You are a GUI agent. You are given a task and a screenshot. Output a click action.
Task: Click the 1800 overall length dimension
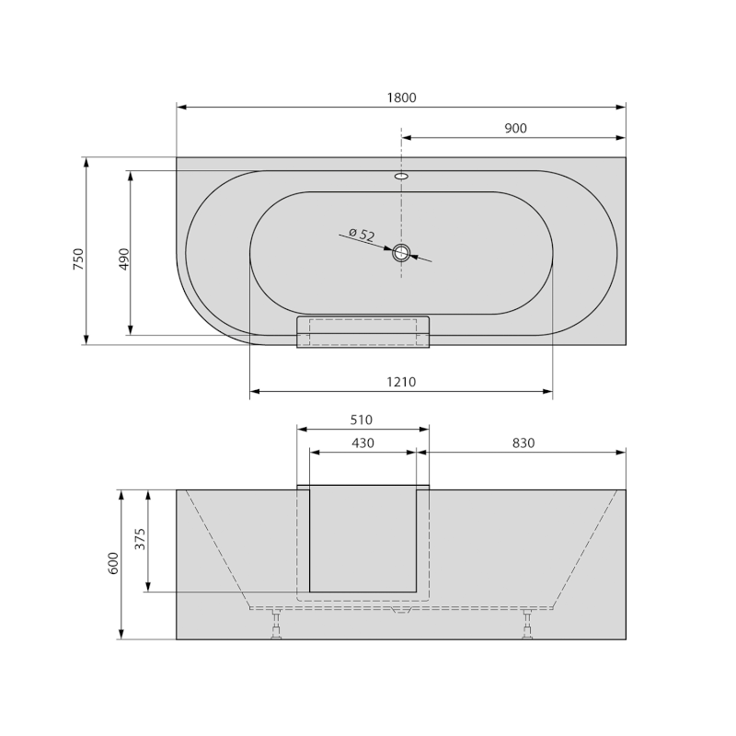pos(401,98)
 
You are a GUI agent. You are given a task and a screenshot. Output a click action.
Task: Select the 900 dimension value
pos(515,128)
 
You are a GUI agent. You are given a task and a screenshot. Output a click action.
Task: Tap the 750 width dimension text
pos(78,259)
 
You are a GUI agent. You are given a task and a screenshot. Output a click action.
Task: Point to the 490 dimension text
pos(123,259)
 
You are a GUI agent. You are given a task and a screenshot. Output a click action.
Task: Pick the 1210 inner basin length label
pos(401,382)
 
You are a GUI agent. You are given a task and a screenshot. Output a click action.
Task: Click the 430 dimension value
pos(362,443)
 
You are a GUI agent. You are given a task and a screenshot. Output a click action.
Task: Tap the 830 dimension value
pos(523,443)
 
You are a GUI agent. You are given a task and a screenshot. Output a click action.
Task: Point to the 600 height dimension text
pos(113,563)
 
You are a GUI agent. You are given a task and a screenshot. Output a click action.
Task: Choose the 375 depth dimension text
pos(140,538)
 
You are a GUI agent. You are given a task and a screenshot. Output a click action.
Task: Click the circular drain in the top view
pos(401,253)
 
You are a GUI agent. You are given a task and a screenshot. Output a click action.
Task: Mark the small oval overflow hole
pos(401,176)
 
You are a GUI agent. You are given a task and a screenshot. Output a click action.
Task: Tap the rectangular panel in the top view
pos(362,332)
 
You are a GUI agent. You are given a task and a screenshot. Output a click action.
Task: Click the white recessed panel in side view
pos(362,538)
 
